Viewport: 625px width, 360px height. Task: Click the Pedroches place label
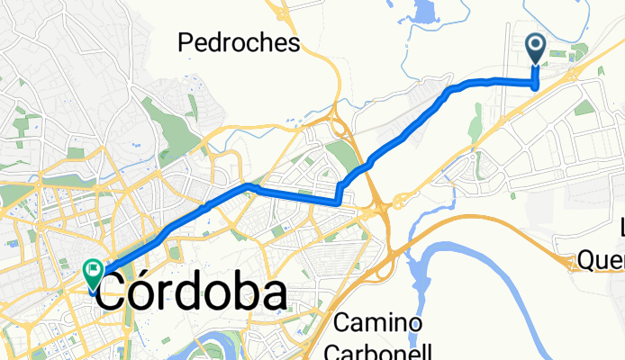pyautogui.click(x=239, y=41)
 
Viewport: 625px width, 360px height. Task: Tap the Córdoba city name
pyautogui.click(x=191, y=293)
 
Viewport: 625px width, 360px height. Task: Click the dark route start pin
pyautogui.click(x=536, y=48)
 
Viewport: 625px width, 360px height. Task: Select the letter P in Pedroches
pyautogui.click(x=186, y=41)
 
